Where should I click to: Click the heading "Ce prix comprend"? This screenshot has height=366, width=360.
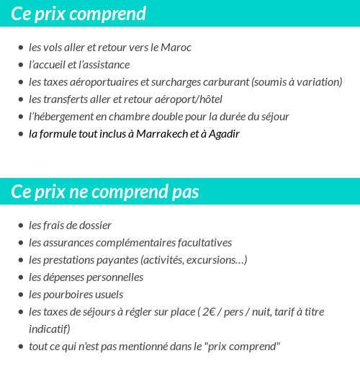pyautogui.click(x=78, y=14)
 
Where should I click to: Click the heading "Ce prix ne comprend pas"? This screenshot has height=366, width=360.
pyautogui.click(x=105, y=192)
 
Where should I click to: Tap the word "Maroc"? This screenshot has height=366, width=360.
pyautogui.click(x=176, y=48)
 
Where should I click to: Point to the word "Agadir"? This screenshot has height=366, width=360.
pyautogui.click(x=222, y=134)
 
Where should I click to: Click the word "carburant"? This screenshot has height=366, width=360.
pyautogui.click(x=222, y=82)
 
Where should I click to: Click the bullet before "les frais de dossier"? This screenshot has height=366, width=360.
pyautogui.click(x=20, y=226)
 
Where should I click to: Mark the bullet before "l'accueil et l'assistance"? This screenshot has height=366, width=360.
pyautogui.click(x=20, y=65)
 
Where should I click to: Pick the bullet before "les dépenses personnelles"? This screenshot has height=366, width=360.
pyautogui.click(x=20, y=277)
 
